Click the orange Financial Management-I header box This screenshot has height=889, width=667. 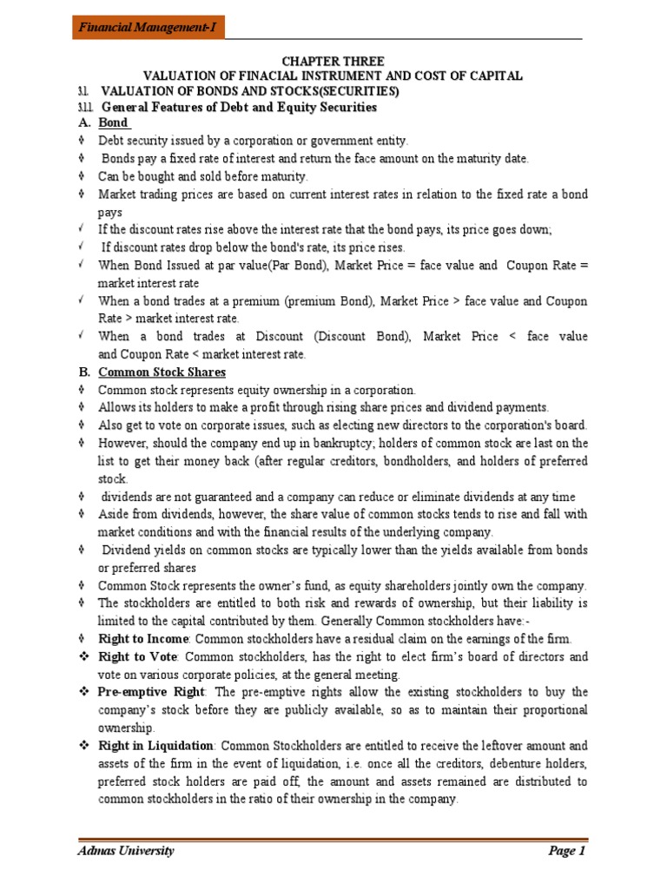149,28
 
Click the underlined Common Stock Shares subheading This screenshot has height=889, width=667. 162,372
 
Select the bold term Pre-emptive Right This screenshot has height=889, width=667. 151,692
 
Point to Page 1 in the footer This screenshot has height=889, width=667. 567,851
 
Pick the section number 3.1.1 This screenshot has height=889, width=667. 84,108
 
